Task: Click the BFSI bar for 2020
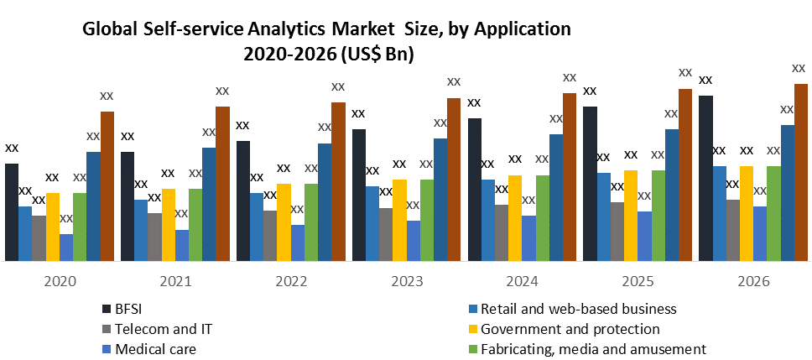[x=12, y=212]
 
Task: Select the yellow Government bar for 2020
[x=52, y=227]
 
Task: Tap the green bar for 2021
[x=195, y=225]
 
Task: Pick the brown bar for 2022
[x=338, y=181]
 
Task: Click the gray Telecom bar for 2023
[x=385, y=234]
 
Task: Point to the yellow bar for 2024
[x=515, y=218]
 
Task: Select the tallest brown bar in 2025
[x=685, y=175]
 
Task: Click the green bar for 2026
[x=773, y=213]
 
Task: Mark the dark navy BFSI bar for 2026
[x=706, y=178]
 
